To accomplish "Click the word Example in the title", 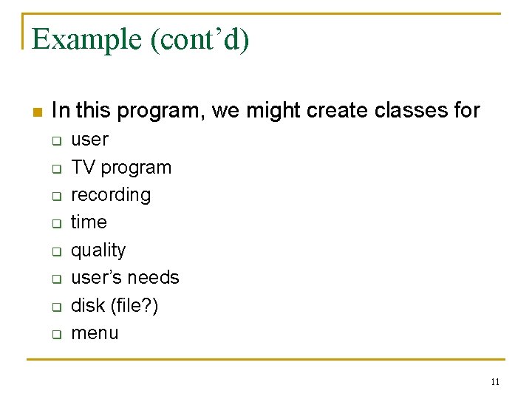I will (88, 39).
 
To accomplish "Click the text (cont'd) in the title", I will (200, 39).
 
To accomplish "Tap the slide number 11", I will (495, 382).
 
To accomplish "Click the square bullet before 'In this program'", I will (38, 112).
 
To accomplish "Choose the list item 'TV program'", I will (120, 168).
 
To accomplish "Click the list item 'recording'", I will (110, 195).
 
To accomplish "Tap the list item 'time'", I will (89, 222).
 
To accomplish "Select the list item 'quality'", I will (98, 250).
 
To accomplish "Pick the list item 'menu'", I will (95, 333).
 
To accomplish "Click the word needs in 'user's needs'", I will (153, 278).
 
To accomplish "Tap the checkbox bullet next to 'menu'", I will (55, 334).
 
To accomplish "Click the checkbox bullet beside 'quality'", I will (55, 251).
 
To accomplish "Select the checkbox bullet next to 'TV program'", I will (55, 168).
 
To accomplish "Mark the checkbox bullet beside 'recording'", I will (55, 196).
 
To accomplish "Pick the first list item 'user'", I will (89, 140).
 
